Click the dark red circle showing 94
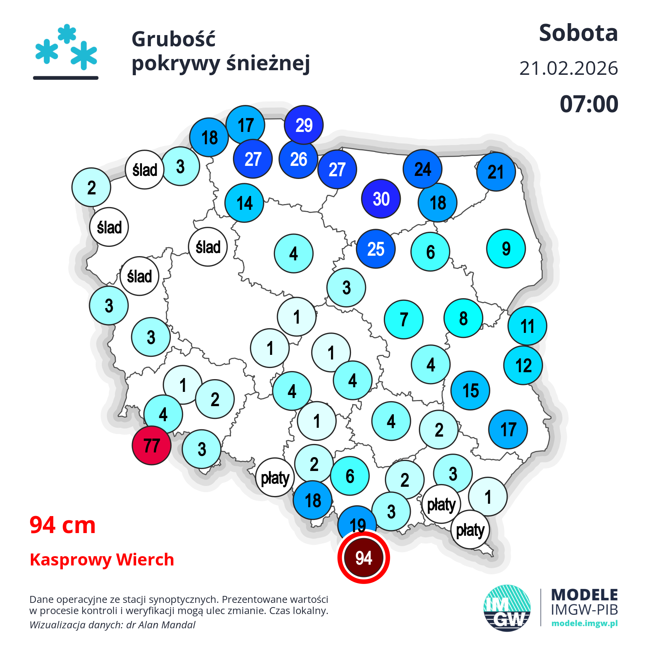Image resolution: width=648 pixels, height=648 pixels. pos(363,557)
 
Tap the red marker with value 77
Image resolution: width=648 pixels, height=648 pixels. pos(152,445)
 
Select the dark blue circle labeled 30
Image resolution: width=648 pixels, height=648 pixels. pos(381,199)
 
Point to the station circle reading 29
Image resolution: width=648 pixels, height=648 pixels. pos(304,125)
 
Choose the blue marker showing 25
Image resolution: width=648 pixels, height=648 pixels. pos(376,249)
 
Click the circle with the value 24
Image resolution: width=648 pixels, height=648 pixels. pos(423,169)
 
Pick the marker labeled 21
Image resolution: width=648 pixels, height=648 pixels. pos(496,172)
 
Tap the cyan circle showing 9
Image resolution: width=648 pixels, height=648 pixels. pos(506,249)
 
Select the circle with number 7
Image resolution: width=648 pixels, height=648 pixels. pos(404,319)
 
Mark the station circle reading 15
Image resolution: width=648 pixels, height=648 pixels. pos(471,390)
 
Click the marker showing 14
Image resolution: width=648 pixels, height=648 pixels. pos(245,203)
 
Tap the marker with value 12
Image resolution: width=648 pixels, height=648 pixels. pos(523,365)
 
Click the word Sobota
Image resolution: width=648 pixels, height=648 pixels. pos(578,33)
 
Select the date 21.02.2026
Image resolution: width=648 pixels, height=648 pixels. pos(569,69)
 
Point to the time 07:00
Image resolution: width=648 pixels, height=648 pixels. pos(589,104)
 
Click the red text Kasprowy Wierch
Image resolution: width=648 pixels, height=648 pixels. pos(102,560)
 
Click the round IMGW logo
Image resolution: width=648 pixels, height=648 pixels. pos(507,608)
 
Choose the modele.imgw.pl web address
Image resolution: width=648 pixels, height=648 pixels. pos(584,624)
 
